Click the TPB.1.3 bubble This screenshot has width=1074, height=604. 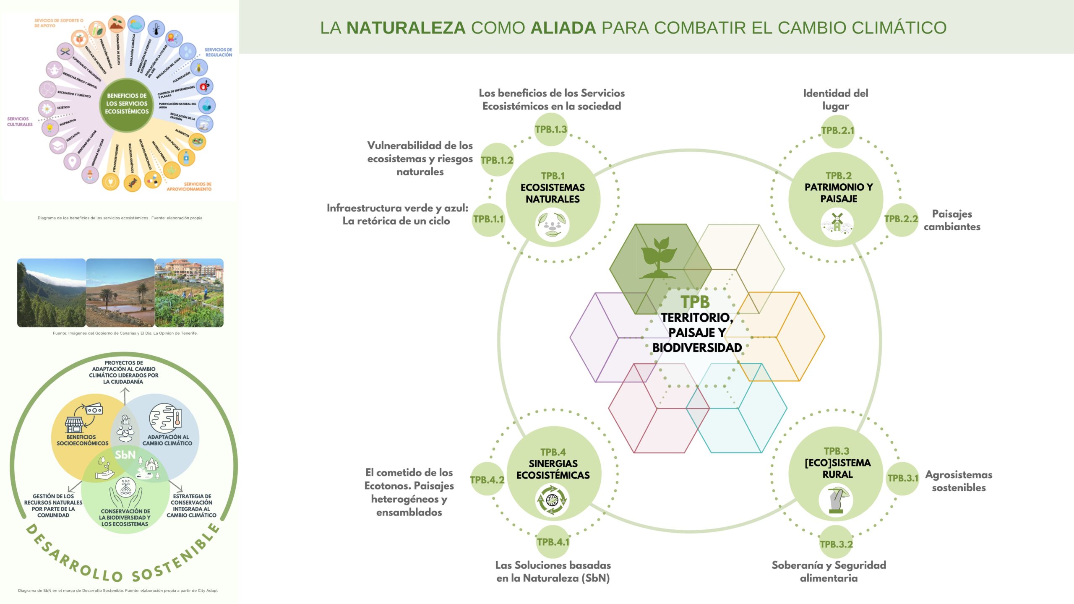point(551,130)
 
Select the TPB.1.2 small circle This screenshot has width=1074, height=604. point(497,160)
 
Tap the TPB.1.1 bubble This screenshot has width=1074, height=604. point(488,219)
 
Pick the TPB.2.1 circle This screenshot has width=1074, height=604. point(837,130)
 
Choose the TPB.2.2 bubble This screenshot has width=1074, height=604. point(901,219)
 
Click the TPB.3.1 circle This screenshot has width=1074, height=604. point(903,478)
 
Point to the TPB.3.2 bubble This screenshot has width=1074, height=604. point(836,544)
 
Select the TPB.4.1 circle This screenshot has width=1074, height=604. point(553,542)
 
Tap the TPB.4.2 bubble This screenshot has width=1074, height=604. point(487,480)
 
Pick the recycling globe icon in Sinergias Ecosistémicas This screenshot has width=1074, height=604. point(552,500)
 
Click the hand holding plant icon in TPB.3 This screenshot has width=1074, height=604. point(836,500)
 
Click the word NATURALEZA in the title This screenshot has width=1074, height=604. point(406,28)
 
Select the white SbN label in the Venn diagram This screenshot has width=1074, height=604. point(125,455)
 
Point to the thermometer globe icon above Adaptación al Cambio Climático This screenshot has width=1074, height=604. point(166,419)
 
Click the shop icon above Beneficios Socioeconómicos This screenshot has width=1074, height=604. point(74,424)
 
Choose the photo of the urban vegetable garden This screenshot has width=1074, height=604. point(189,293)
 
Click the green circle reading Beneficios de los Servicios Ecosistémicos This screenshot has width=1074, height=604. point(127,104)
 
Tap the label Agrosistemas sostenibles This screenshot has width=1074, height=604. point(959,481)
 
